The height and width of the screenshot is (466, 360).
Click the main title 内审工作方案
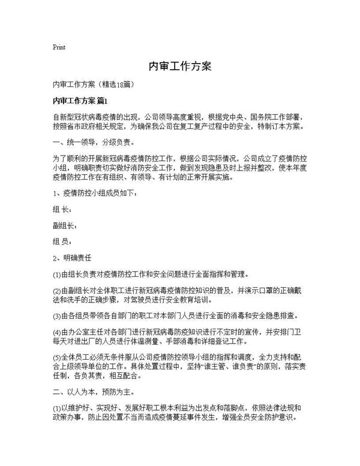(179, 65)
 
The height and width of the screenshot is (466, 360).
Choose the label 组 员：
(62, 243)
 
